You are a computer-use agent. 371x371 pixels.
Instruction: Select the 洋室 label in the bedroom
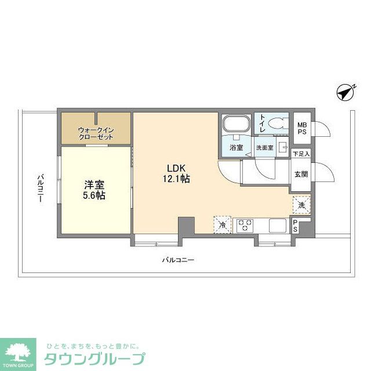[94, 185]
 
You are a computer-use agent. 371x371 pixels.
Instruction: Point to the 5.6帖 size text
[94, 196]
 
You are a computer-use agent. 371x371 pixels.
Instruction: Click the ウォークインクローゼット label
[96, 133]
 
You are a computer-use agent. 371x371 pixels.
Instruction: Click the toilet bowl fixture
[277, 123]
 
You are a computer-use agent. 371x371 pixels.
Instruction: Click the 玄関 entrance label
[301, 173]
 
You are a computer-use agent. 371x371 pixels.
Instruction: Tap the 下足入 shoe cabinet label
[301, 154]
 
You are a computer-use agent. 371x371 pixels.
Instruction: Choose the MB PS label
[302, 128]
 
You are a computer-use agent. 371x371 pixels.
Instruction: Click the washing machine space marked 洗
[301, 204]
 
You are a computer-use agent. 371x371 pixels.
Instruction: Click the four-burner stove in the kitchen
[243, 224]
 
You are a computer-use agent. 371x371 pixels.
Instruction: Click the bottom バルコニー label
[177, 260]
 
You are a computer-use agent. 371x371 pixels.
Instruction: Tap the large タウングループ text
[94, 358]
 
